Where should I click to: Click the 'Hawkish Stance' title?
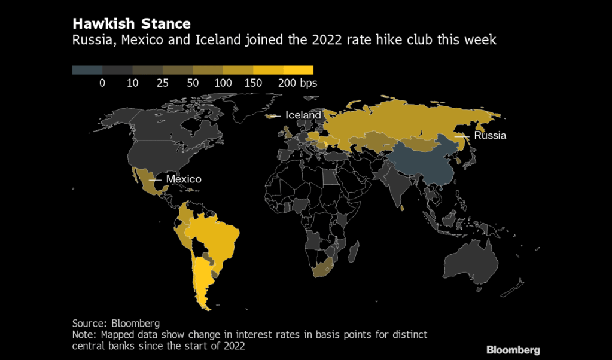tap(132, 24)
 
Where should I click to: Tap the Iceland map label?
tap(303, 115)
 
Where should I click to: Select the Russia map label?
tap(490, 136)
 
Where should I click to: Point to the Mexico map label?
tap(183, 179)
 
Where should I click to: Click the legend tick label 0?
tap(102, 83)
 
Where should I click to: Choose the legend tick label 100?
tap(223, 83)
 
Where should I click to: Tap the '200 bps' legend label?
tap(297, 83)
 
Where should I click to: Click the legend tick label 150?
tap(254, 83)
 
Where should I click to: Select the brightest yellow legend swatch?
tap(298, 70)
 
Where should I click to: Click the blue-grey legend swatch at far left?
tap(87, 70)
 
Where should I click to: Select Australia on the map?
tap(473, 263)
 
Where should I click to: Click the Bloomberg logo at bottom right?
tap(513, 350)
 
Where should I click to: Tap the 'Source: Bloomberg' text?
tap(116, 323)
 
